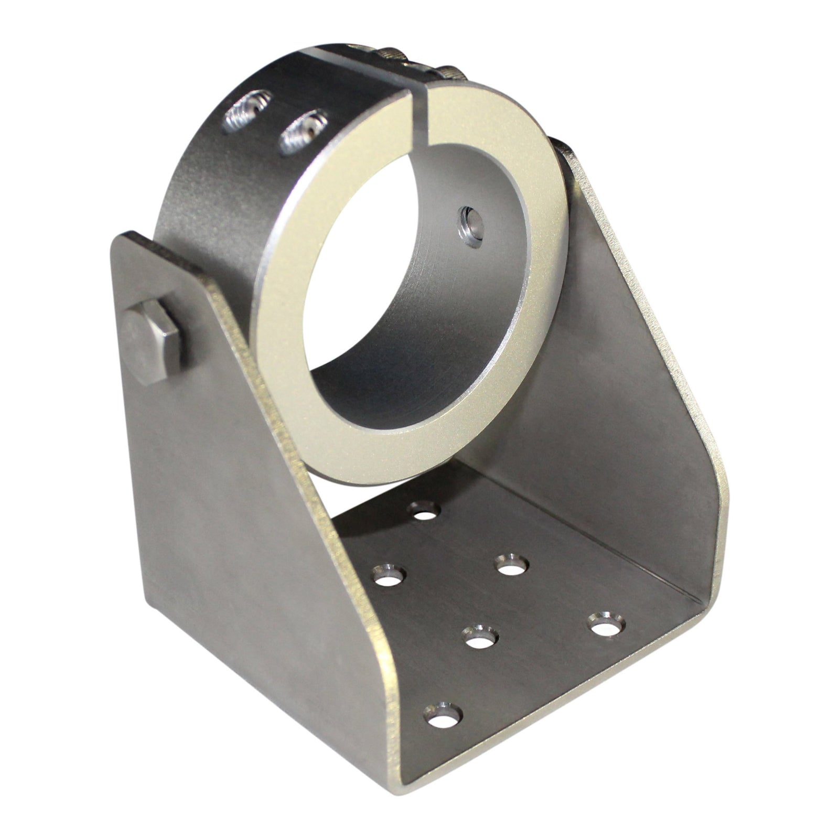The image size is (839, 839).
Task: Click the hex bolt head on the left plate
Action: point(152,343)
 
